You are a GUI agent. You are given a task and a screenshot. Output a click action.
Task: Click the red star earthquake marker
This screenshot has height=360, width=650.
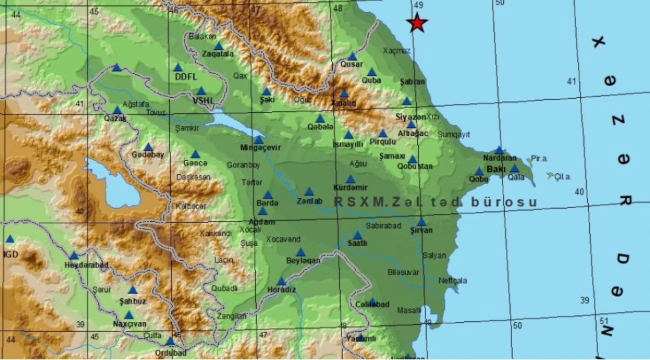(x=417, y=24)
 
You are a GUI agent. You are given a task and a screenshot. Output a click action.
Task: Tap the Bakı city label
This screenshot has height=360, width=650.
(x=496, y=170)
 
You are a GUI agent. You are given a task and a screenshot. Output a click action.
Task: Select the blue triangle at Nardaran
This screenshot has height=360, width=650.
(x=499, y=151)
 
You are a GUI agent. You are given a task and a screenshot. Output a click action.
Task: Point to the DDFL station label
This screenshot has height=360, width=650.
(x=187, y=77)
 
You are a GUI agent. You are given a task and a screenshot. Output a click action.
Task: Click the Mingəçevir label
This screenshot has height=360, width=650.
(x=261, y=148)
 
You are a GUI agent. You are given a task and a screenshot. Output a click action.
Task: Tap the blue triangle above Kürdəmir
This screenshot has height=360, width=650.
(x=351, y=179)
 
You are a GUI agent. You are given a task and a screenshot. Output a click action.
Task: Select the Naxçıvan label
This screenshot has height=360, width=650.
(x=129, y=324)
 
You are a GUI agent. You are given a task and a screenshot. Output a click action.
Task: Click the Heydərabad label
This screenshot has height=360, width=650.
(x=85, y=265)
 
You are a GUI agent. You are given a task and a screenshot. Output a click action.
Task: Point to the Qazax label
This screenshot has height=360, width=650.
(x=115, y=119)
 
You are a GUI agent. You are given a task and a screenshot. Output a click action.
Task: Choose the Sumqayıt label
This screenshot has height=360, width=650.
(x=454, y=134)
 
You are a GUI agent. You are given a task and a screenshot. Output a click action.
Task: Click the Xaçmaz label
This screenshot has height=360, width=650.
(x=397, y=51)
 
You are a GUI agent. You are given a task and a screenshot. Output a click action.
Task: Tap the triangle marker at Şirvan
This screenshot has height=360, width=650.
(x=421, y=222)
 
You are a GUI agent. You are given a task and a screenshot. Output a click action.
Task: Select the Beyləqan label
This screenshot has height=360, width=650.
(x=303, y=261)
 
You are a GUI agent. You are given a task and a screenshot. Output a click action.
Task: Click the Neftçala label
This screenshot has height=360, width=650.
(x=454, y=281)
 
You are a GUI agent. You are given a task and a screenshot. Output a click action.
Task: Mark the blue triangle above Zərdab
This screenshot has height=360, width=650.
(x=309, y=191)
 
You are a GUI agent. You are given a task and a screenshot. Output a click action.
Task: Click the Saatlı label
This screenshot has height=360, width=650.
(x=358, y=245)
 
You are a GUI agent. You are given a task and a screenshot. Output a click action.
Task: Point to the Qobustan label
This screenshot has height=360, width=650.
(x=415, y=167)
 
